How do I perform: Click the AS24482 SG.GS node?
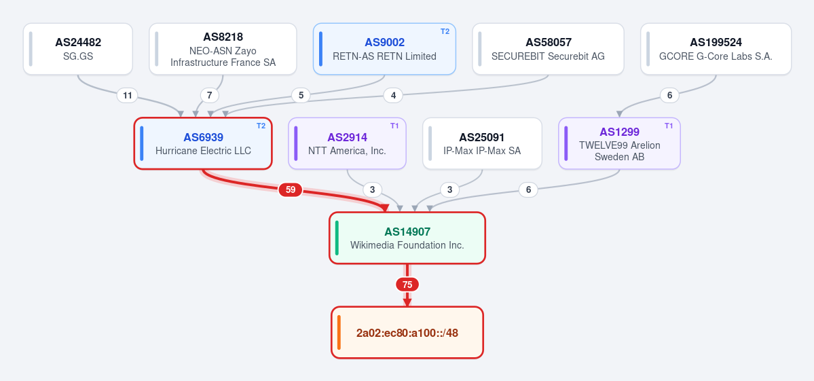pos(78,49)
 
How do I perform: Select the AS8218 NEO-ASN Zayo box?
pos(223,49)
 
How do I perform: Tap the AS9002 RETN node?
pos(384,49)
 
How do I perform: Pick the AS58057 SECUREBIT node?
pos(548,49)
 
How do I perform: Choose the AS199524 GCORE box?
pos(716,49)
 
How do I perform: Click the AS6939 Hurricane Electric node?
pos(203,143)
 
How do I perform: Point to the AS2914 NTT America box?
pos(347,143)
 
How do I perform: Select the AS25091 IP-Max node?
pos(482,143)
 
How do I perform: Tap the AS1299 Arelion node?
pos(619,143)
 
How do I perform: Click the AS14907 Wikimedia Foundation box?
pos(407,238)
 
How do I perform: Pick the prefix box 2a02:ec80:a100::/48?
pos(407,332)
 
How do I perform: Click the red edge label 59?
pos(290,190)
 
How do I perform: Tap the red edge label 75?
pos(407,285)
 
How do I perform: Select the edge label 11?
pos(127,96)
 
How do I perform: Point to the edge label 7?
pos(209,96)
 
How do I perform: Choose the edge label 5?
pos(301,96)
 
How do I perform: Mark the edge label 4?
pos(393,96)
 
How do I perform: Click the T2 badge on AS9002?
pos(445,31)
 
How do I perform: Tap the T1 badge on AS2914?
pos(394,126)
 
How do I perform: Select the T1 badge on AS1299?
pos(669,126)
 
